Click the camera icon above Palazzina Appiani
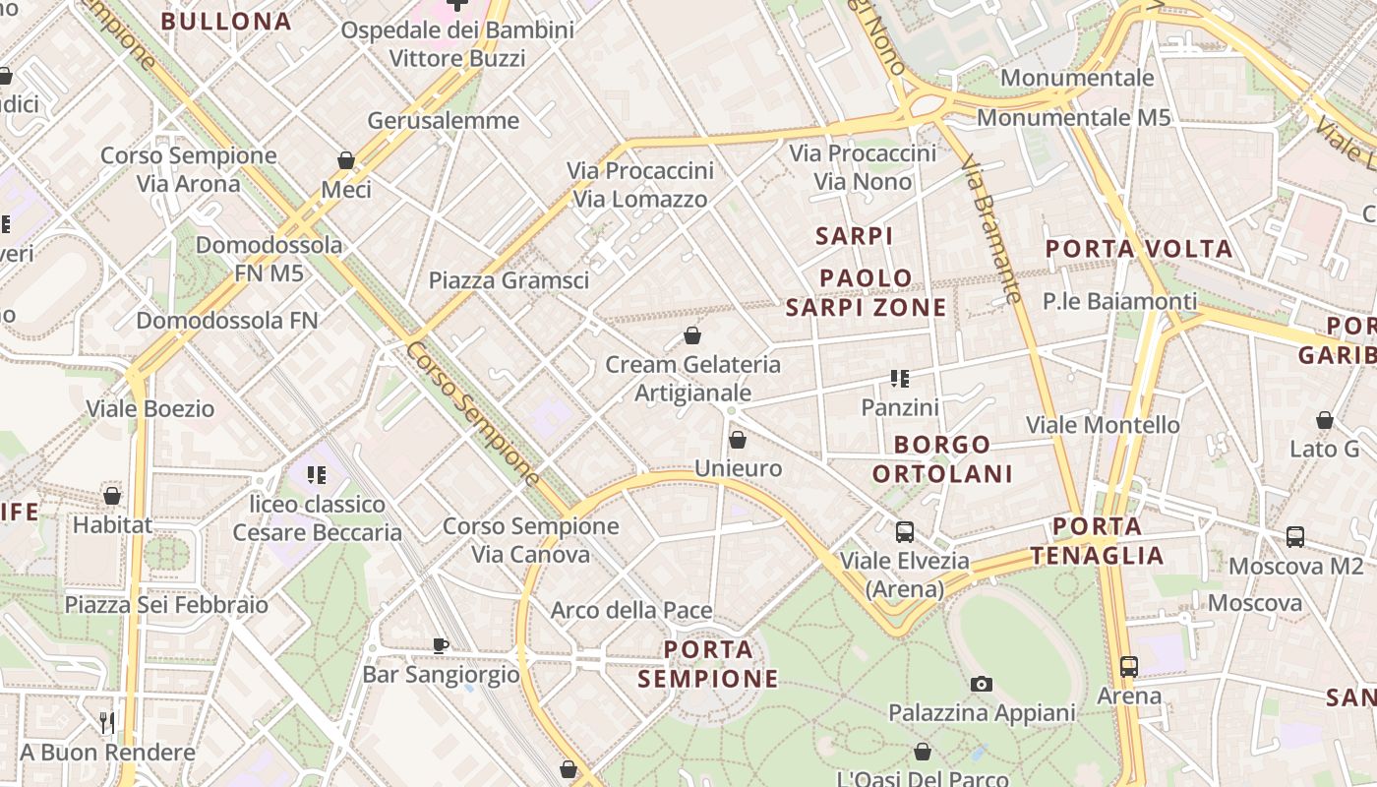point(981,684)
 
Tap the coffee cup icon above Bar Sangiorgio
point(441,646)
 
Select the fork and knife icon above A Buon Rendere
point(107,723)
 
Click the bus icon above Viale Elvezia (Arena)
point(904,532)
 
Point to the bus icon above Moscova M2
point(1295,537)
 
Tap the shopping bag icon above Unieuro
point(738,440)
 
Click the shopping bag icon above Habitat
point(112,496)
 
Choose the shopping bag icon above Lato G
point(1325,420)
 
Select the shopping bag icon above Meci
point(346,160)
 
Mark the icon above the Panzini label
point(899,378)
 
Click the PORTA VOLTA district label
point(1139,249)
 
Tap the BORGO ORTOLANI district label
point(942,459)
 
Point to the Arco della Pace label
point(631,610)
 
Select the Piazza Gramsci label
point(509,280)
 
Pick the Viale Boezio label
point(150,408)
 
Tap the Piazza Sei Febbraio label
point(166,604)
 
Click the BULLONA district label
point(226,22)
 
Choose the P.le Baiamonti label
point(1120,301)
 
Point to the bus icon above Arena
point(1128,666)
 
